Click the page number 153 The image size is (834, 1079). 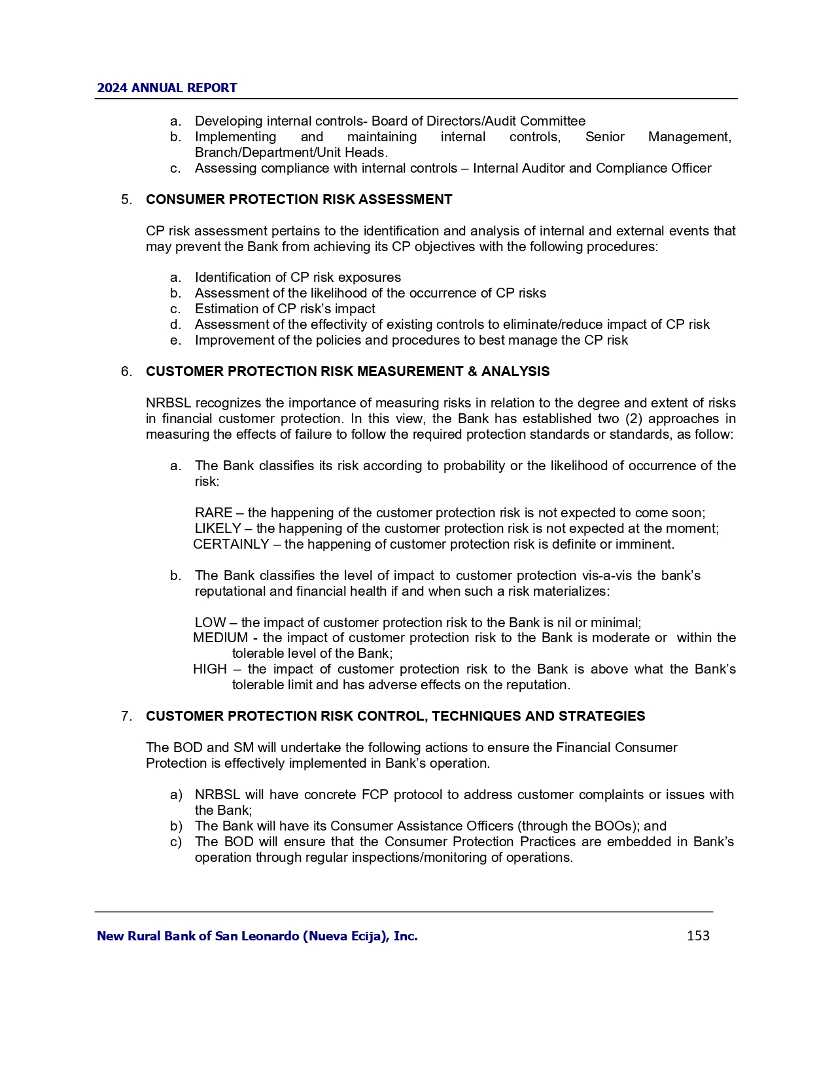698,936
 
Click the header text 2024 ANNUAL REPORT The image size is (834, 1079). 167,88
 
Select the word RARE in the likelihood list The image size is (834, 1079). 213,513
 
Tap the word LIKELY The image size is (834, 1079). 218,528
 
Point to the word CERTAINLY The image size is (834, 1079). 231,544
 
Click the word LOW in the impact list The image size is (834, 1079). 210,623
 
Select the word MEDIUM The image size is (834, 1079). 220,638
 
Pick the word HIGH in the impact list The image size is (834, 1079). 209,669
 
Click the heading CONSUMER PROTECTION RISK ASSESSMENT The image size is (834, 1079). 299,199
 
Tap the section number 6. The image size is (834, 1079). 126,371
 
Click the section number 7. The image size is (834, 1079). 126,716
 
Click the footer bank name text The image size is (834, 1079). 257,936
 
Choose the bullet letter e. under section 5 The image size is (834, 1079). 175,340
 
